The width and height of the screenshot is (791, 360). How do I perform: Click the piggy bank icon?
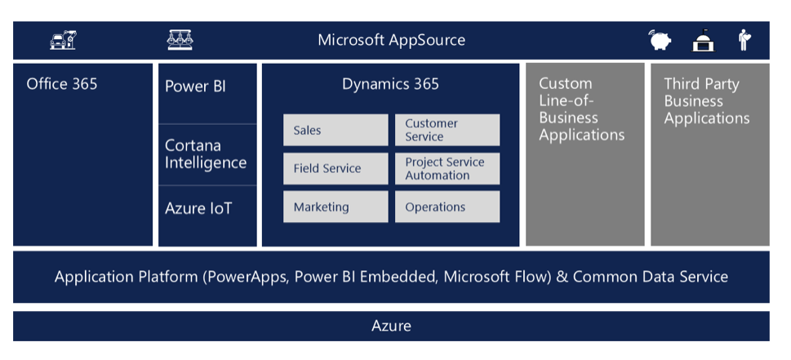pyautogui.click(x=660, y=40)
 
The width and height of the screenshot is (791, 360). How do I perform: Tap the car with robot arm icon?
pyautogui.click(x=63, y=40)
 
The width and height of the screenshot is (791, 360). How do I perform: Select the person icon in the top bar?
pyautogui.click(x=744, y=40)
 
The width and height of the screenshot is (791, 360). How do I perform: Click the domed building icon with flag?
pyautogui.click(x=703, y=40)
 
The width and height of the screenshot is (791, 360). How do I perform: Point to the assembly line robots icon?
pyautogui.click(x=180, y=40)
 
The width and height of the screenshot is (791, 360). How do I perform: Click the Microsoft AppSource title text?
pyautogui.click(x=392, y=40)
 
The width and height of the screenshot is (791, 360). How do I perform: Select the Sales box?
pyautogui.click(x=336, y=130)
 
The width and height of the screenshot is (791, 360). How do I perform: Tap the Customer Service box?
pyautogui.click(x=447, y=130)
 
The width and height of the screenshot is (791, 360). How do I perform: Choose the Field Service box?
pyautogui.click(x=336, y=168)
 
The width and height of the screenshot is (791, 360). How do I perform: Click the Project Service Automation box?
pyautogui.click(x=447, y=168)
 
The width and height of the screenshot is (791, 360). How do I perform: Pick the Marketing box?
pyautogui.click(x=336, y=207)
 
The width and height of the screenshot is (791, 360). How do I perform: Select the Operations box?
pyautogui.click(x=447, y=207)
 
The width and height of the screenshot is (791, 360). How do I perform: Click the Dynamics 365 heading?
pyautogui.click(x=390, y=84)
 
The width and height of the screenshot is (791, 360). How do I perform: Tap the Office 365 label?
pyautogui.click(x=62, y=84)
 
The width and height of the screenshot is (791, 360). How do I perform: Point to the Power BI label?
pyautogui.click(x=195, y=87)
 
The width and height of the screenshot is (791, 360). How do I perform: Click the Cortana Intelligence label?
pyautogui.click(x=206, y=154)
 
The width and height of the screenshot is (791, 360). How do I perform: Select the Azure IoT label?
pyautogui.click(x=198, y=208)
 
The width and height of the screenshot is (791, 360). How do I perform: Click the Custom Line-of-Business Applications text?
pyautogui.click(x=582, y=109)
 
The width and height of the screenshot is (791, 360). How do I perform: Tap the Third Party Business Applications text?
pyautogui.click(x=707, y=101)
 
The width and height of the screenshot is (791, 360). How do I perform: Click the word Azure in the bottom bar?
pyautogui.click(x=392, y=326)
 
